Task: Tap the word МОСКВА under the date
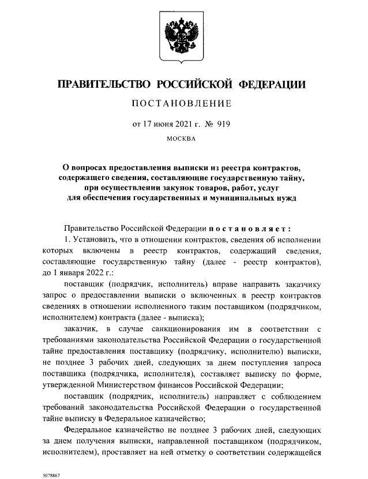(x=181, y=139)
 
